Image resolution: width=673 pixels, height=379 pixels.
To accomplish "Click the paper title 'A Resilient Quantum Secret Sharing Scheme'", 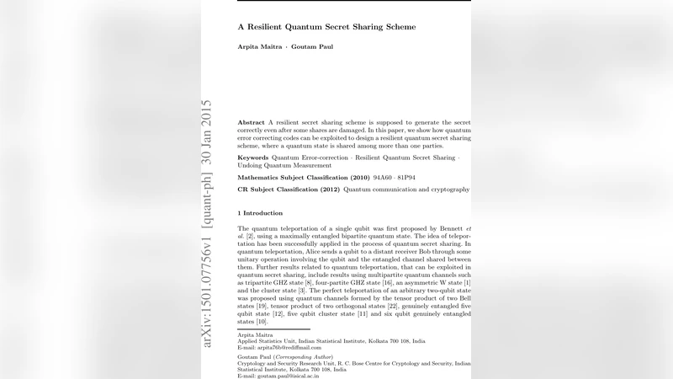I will tap(326, 27).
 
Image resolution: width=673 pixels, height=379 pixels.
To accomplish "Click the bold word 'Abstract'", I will tap(252, 123).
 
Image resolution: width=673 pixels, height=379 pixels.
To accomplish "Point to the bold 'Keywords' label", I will tap(253, 157).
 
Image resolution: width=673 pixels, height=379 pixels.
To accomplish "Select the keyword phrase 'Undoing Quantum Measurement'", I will tap(284, 166).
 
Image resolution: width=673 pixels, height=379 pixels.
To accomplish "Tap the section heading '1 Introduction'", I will tap(261, 214).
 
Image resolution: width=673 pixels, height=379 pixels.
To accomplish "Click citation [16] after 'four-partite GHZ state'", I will tap(387, 282).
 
